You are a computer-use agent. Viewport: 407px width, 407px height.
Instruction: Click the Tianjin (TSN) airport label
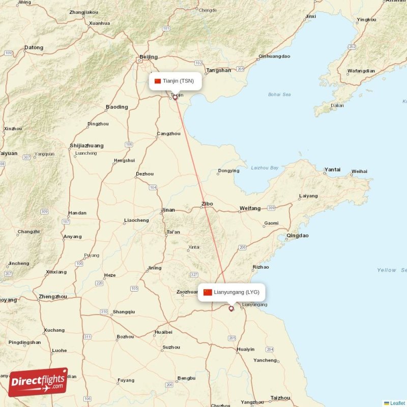(178, 81)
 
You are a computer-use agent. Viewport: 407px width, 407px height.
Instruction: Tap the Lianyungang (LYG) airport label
(237, 292)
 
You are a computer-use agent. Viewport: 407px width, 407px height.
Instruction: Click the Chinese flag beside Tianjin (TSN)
(158, 81)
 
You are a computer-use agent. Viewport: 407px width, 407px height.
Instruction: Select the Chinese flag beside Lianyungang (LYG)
(208, 292)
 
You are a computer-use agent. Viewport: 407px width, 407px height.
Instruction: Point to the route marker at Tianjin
(176, 97)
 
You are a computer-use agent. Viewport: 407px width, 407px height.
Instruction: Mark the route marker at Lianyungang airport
(231, 308)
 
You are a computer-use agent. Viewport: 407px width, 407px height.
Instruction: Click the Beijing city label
(149, 57)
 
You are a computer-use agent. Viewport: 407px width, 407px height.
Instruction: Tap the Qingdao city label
(298, 236)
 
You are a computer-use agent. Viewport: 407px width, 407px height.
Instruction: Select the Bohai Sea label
(279, 95)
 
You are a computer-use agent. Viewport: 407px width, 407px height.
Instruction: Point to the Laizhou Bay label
(265, 167)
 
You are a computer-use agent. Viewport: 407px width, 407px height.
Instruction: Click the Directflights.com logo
(38, 382)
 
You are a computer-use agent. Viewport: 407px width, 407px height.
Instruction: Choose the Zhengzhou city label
(53, 296)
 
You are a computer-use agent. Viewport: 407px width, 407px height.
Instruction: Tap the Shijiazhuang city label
(86, 146)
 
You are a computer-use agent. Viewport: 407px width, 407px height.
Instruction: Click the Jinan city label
(168, 210)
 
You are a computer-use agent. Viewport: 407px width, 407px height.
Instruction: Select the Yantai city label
(332, 169)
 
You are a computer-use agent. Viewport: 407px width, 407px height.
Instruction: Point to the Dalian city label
(337, 106)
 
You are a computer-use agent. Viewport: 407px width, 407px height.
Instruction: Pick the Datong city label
(34, 48)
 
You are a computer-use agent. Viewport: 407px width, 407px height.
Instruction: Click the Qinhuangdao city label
(274, 56)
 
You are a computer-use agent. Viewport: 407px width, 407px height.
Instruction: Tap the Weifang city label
(250, 208)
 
